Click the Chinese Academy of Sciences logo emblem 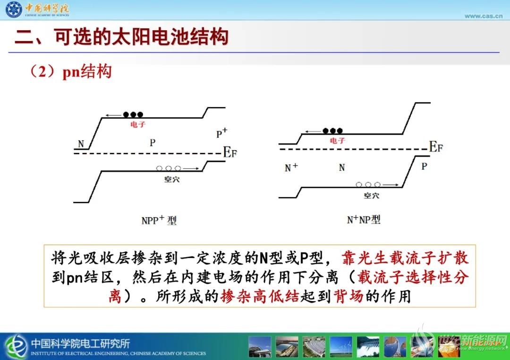(x=14, y=9)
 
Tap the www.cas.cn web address (x=484, y=16)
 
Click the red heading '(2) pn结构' (x=70, y=71)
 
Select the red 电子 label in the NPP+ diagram (x=138, y=125)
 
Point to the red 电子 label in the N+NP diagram (x=337, y=141)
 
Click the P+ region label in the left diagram (x=222, y=133)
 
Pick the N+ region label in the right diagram (x=291, y=167)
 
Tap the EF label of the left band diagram (x=230, y=152)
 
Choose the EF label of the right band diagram (x=436, y=147)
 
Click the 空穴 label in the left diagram (x=172, y=179)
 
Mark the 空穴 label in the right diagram (x=372, y=195)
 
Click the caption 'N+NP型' (x=364, y=220)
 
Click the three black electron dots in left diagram (x=133, y=115)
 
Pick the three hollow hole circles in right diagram (x=368, y=184)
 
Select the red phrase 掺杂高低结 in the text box (x=260, y=296)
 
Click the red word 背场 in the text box (x=348, y=296)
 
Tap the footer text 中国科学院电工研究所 (x=80, y=343)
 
